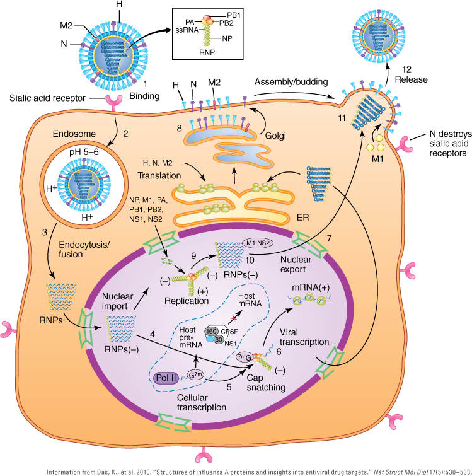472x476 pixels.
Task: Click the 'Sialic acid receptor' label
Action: pyautogui.click(x=47, y=100)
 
